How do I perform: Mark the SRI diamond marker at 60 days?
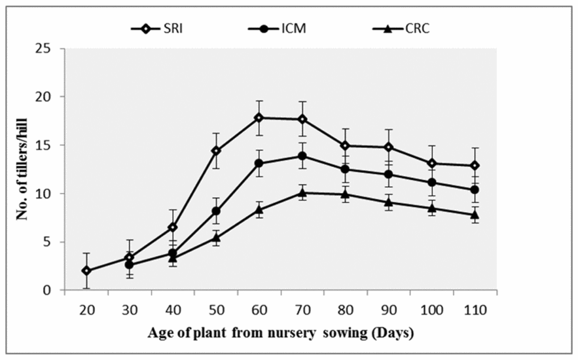[x=259, y=118]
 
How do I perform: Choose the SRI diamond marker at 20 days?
[x=86, y=270]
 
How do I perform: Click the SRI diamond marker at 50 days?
[x=216, y=151]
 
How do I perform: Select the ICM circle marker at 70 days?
[x=302, y=156]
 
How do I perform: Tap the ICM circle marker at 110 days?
[x=475, y=189]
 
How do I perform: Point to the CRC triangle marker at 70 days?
[x=302, y=192]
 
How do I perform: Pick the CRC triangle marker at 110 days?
[x=475, y=214]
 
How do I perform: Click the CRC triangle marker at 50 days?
[x=216, y=238]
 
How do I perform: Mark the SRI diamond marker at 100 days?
[x=431, y=164]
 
